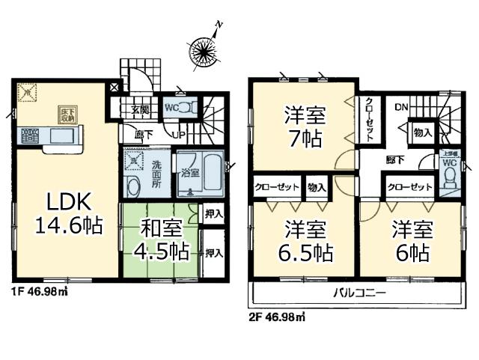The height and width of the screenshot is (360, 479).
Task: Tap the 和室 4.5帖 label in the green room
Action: point(159,240)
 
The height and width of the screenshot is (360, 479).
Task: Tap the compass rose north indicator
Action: point(204,49)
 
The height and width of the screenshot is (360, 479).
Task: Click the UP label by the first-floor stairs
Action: point(180,135)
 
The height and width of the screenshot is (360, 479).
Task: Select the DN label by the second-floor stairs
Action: point(401,107)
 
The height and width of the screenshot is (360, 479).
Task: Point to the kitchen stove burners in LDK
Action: point(30,136)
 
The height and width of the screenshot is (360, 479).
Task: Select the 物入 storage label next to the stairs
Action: point(422,132)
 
